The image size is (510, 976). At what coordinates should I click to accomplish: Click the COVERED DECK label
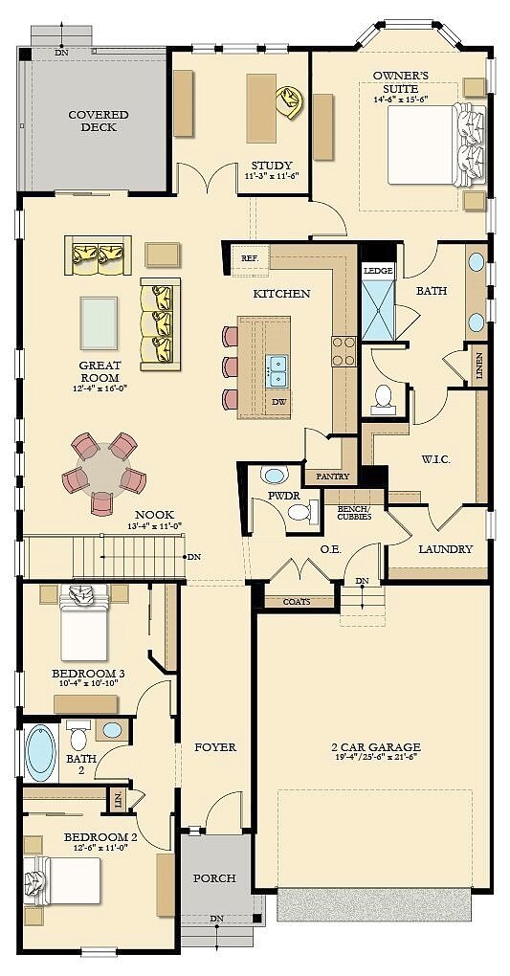point(99,122)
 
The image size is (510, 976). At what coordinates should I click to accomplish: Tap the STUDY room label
point(272,166)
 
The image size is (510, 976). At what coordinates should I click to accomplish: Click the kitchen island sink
point(277,363)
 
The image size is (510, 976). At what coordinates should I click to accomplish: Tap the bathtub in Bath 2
point(41,753)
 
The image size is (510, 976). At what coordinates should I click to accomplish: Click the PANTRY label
point(333,477)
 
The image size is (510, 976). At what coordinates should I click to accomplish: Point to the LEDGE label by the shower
point(378,271)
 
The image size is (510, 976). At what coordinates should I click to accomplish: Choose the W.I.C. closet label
point(435,459)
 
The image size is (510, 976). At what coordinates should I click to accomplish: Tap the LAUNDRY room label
point(445,549)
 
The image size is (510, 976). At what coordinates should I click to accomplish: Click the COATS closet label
point(297,602)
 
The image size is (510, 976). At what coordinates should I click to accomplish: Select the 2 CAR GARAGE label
point(375,747)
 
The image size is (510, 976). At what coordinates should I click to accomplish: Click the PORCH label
point(214,878)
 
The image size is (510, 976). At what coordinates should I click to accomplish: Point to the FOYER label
point(215,747)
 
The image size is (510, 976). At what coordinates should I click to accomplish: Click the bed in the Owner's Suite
point(436,144)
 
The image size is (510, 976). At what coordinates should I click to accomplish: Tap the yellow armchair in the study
point(290,101)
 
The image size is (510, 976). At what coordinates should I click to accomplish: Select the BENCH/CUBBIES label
point(354,513)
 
